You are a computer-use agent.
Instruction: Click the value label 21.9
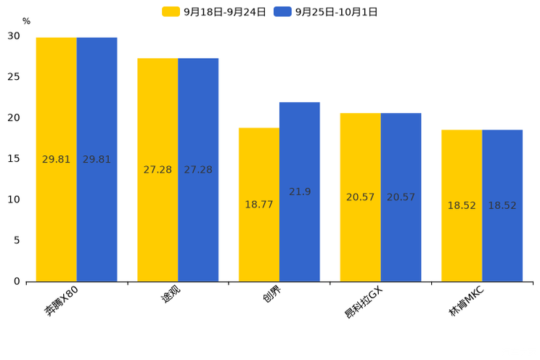[x=300, y=192]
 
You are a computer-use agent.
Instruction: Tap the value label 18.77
[x=259, y=205]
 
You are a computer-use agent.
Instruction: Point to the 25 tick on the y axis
[x=14, y=77]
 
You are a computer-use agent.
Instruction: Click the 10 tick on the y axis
[x=14, y=200]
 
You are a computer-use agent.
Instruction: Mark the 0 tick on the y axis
[x=17, y=282]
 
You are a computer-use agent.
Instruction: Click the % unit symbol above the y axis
[x=26, y=22]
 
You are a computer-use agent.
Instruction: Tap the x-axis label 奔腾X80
[x=61, y=301]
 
